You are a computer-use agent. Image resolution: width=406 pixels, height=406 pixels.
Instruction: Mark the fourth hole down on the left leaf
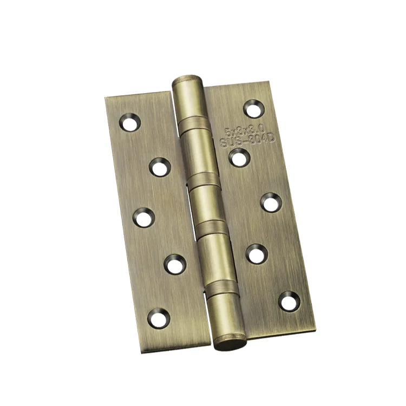pyautogui.click(x=174, y=264)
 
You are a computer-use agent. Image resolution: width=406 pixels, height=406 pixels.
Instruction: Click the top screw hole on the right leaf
pyautogui.click(x=253, y=108)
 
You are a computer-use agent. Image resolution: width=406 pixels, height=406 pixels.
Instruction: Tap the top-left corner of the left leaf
pyautogui.click(x=106, y=98)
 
